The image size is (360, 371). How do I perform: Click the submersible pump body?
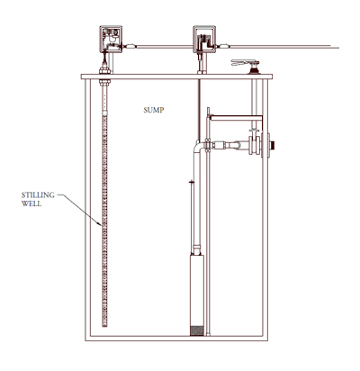coord(195,284)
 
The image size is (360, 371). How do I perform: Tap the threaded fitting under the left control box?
coord(107,64)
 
